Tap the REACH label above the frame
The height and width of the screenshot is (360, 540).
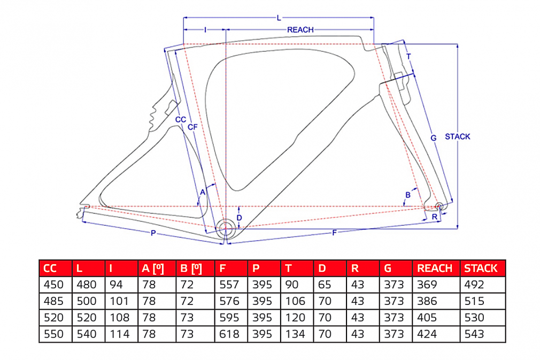click(300, 29)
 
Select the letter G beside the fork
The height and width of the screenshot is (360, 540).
click(434, 138)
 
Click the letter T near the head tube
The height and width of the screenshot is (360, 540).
click(408, 56)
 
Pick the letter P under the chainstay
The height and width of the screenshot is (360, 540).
click(153, 233)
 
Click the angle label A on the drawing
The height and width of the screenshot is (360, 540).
click(203, 191)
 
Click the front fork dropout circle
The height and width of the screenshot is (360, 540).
click(439, 206)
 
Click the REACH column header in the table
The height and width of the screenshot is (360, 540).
click(435, 268)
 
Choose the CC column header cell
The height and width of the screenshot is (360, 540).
click(50, 268)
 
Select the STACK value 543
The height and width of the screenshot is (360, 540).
click(474, 334)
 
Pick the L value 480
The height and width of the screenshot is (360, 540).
click(86, 285)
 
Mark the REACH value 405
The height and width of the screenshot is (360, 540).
click(427, 318)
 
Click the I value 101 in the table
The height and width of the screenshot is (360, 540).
click(119, 302)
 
